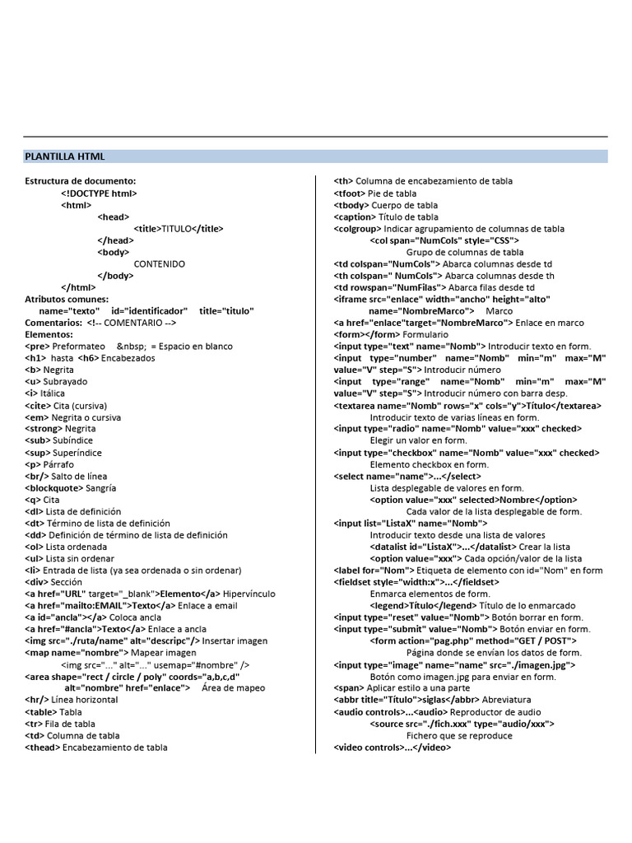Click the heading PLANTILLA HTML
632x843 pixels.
[65, 156]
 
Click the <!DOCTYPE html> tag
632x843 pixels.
[99, 193]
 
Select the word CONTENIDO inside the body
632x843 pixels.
[159, 263]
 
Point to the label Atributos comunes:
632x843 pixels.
[67, 299]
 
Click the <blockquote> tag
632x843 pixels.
[59, 487]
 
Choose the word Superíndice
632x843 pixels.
[73, 453]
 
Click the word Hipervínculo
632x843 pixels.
[249, 594]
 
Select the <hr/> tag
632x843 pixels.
[37, 700]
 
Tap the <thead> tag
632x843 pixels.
[43, 747]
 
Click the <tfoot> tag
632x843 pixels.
[348, 193]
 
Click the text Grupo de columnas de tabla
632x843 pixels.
[464, 252]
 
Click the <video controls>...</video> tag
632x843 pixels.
[392, 747]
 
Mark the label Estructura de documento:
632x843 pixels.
[80, 181]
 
